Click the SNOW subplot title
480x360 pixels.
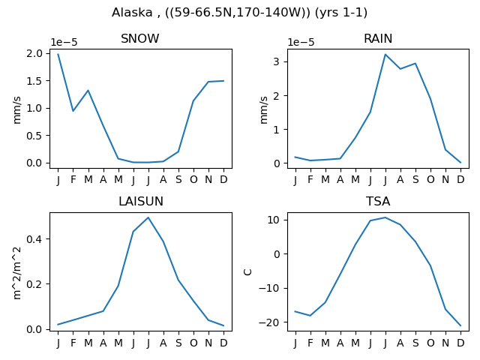[140, 38]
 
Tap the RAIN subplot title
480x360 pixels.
[378, 38]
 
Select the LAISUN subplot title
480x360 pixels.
[141, 202]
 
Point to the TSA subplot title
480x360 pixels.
[378, 202]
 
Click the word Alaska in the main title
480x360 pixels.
[132, 13]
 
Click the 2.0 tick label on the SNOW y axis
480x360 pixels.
[34, 53]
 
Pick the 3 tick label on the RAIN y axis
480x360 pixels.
[277, 61]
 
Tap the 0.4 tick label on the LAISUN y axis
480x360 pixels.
[34, 238]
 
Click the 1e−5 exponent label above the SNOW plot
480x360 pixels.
[64, 42]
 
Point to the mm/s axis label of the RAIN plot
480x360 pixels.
[264, 110]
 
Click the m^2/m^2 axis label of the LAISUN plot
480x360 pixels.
[17, 273]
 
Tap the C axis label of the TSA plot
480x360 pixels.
[247, 271]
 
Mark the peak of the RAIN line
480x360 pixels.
[385, 55]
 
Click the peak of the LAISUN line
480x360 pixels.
[148, 217]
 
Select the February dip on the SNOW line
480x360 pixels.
[73, 111]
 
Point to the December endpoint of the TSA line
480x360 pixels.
[460, 325]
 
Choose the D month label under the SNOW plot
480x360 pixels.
[223, 179]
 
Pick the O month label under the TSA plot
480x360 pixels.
[430, 343]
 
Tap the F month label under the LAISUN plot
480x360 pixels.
[73, 343]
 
